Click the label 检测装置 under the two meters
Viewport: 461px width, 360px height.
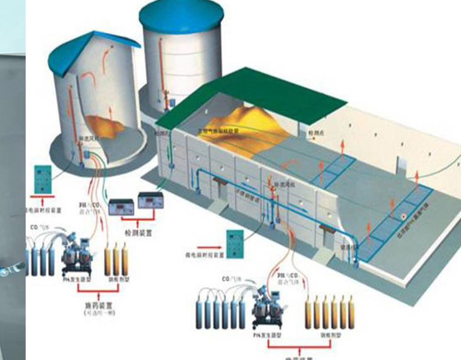(x=139, y=233)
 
